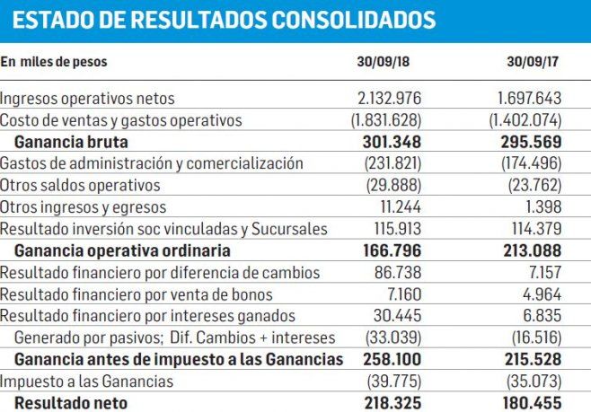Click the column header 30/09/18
tap(383, 64)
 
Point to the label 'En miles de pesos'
tap(54, 63)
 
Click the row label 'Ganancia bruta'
tap(72, 142)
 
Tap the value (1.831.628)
tap(379, 120)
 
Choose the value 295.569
tap(529, 142)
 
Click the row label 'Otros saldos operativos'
tap(81, 185)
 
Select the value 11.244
tap(396, 206)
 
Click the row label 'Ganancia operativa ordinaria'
tap(123, 250)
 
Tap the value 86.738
tap(396, 272)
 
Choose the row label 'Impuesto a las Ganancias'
tap(85, 381)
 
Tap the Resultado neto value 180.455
tap(529, 403)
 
